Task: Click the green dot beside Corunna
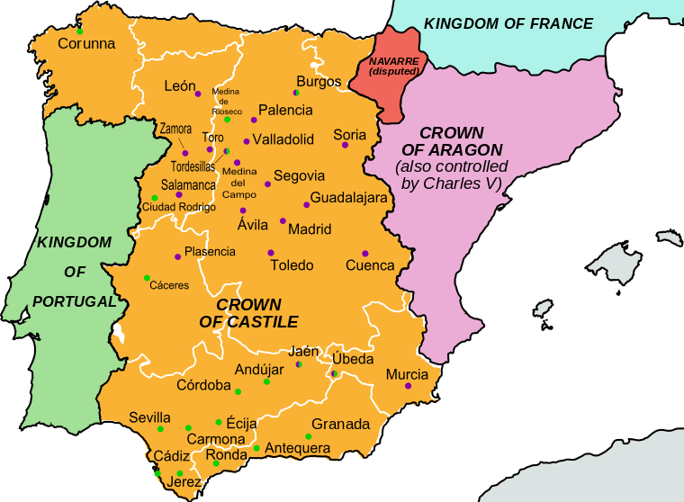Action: coord(79,31)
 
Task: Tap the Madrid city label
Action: coord(310,229)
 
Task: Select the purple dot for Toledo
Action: coord(270,252)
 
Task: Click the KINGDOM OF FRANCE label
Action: coord(508,23)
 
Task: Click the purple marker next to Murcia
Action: coord(409,386)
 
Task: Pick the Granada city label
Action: coord(340,424)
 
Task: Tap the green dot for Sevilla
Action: coord(160,429)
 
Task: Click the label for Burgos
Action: coord(319,81)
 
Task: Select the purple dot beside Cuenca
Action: coord(364,253)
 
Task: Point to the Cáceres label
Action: coord(168,285)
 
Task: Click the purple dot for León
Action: coord(198,94)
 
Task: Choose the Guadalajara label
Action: coord(348,197)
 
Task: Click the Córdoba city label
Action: coord(203,385)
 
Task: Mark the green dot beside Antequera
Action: coord(256,448)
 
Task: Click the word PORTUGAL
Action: coord(75,301)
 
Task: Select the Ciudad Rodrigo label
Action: coord(179,207)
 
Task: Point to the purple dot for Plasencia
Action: coord(177,257)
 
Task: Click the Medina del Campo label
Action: coord(239,183)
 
